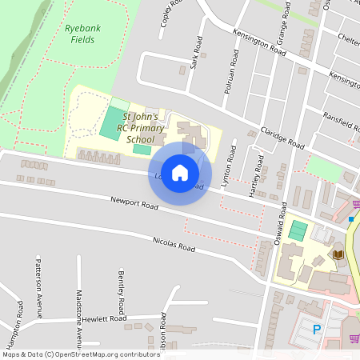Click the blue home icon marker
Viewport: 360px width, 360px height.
pyautogui.click(x=180, y=173)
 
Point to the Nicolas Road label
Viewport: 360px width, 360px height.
pyautogui.click(x=174, y=244)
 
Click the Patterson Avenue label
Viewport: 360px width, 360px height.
pyautogui.click(x=38, y=286)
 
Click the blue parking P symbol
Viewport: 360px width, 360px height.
pyautogui.click(x=316, y=329)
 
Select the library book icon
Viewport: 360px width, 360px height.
pyautogui.click(x=339, y=254)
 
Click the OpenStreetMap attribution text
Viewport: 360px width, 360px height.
pyautogui.click(x=81, y=354)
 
